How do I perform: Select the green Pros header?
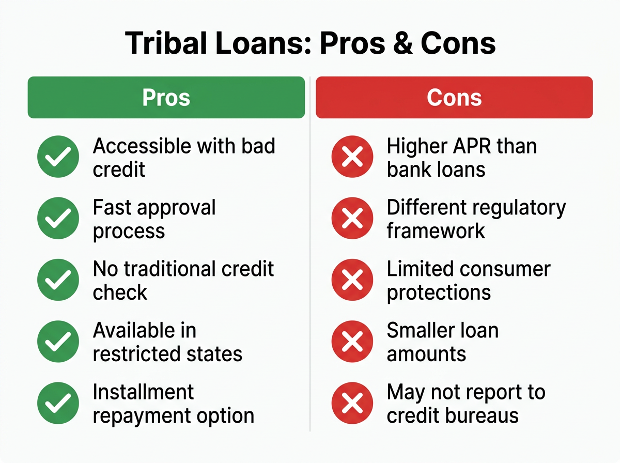[166, 98]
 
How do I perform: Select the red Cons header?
[454, 98]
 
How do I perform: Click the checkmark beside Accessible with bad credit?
[58, 157]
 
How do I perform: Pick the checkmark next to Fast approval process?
[58, 219]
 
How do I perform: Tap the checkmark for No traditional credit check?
[58, 280]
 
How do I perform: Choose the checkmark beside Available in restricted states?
[58, 342]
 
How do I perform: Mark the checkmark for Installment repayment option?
[58, 403]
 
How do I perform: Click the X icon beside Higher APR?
[352, 157]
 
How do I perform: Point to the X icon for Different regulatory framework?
[352, 219]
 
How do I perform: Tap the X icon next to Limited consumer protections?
[352, 280]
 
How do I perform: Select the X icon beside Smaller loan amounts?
[352, 342]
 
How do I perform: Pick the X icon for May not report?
[352, 403]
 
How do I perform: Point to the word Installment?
[143, 392]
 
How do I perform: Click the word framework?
[436, 231]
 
